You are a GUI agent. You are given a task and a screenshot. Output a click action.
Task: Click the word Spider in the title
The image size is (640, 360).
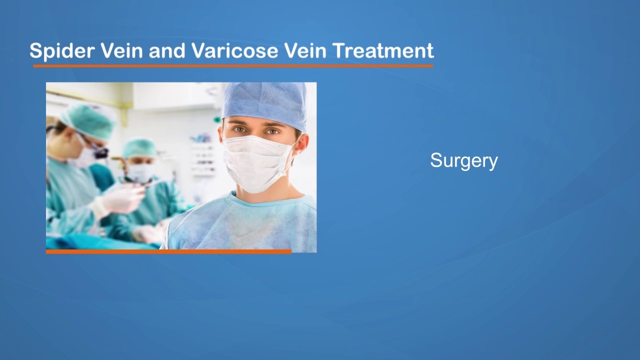point(61,51)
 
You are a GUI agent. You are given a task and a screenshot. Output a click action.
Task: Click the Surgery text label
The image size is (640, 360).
point(463,160)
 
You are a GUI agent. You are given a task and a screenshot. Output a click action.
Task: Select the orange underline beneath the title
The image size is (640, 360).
point(232,65)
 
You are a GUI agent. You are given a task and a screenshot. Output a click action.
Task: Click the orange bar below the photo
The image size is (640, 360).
point(168,251)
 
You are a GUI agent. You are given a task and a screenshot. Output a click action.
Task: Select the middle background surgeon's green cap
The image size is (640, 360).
point(139,148)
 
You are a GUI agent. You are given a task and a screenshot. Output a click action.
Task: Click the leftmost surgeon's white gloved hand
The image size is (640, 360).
point(122,200)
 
